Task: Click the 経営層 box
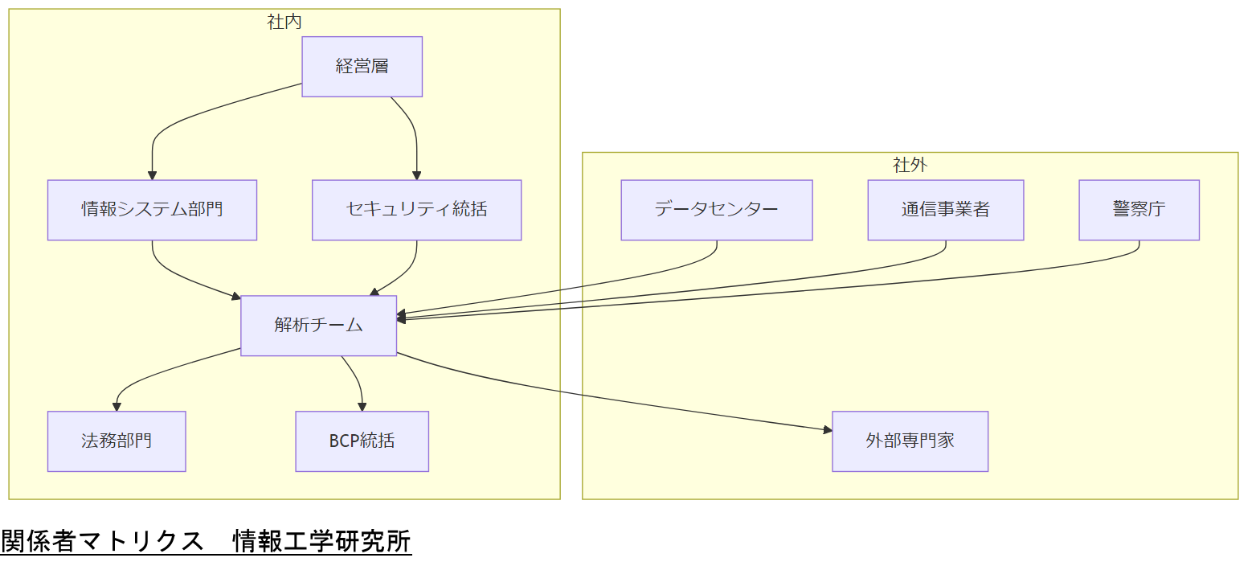362,67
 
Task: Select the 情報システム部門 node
152,210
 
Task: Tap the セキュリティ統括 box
416,210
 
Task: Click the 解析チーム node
318,326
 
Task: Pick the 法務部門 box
117,441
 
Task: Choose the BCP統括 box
362,441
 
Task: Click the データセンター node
716,210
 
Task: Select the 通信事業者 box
945,210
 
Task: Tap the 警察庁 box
1139,210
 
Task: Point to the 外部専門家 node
910,441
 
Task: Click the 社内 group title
284,22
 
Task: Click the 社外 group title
910,165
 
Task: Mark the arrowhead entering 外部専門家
827,430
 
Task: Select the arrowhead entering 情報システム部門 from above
152,174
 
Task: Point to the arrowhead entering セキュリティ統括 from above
416,174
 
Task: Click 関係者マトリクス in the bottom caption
102,541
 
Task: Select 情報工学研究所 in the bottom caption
321,541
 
